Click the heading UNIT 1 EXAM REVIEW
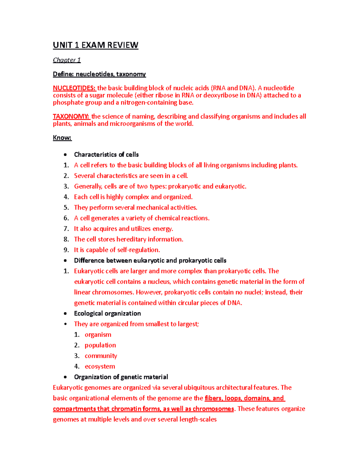[x=95, y=45]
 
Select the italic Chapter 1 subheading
[x=67, y=60]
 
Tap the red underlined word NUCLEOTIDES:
[x=74, y=88]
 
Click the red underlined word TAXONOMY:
[x=71, y=116]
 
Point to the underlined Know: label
[x=62, y=138]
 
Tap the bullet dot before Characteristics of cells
[x=65, y=155]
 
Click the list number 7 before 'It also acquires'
[x=66, y=229]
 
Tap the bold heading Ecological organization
[x=107, y=314]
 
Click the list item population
[x=100, y=345]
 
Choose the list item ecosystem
[x=100, y=366]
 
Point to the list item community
[x=101, y=356]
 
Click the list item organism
[x=98, y=335]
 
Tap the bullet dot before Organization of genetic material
[x=65, y=377]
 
